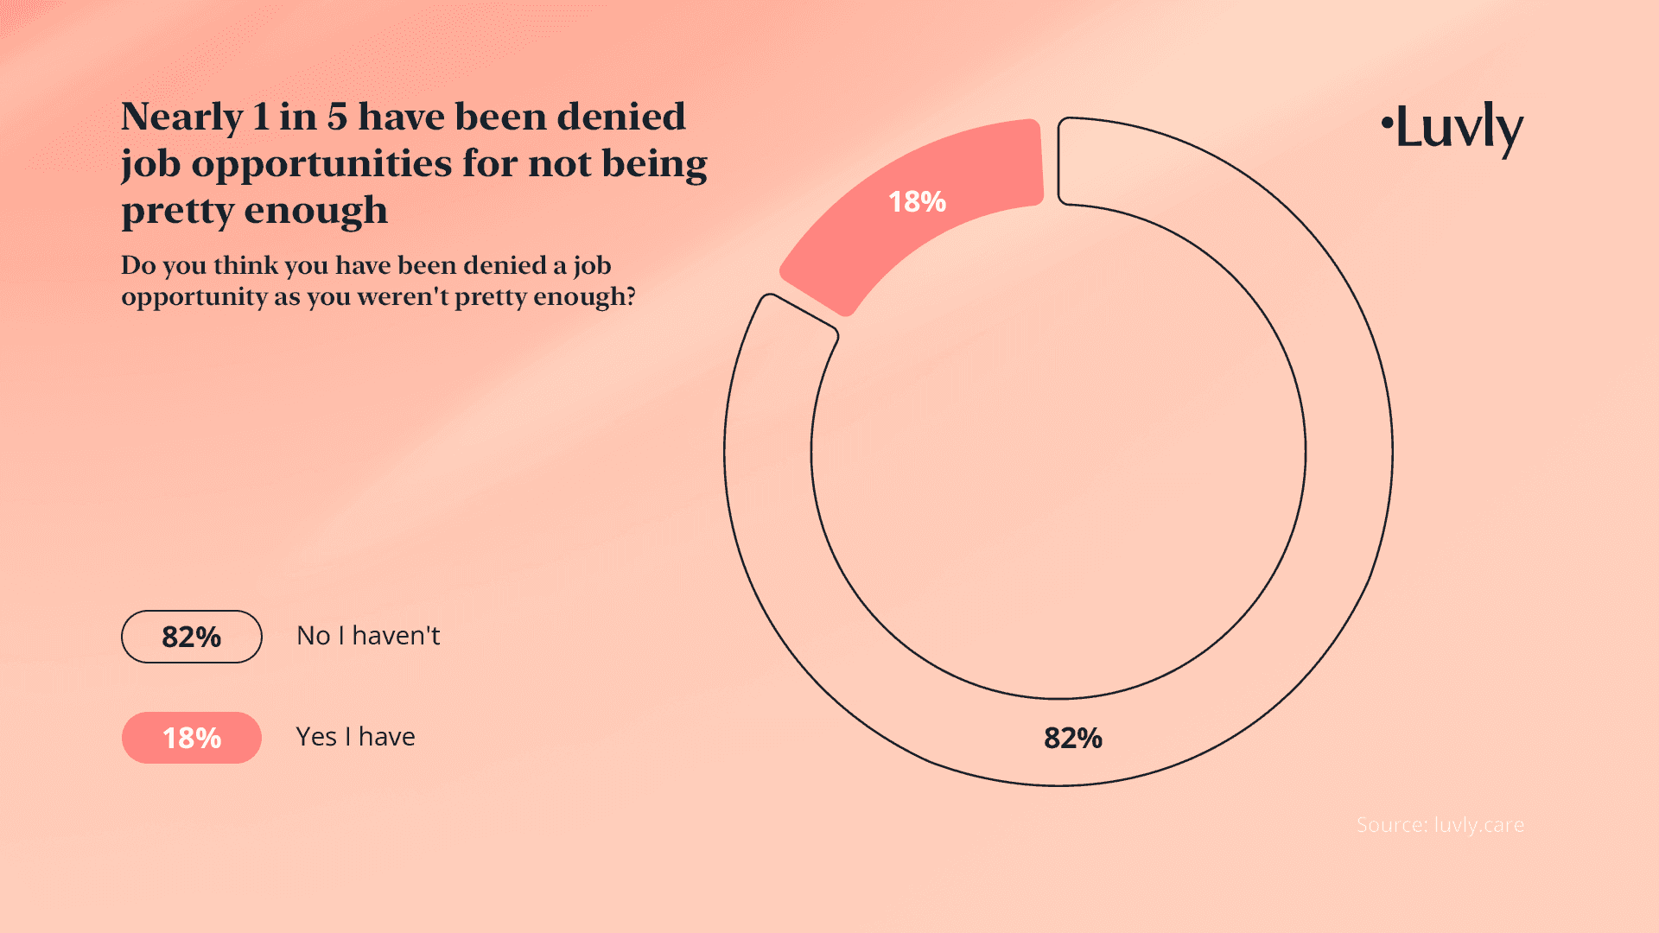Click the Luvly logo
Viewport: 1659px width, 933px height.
click(1453, 128)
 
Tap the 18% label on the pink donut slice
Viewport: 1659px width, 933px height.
click(917, 202)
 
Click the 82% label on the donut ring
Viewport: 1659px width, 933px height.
click(1072, 738)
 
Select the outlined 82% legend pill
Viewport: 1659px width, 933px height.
click(191, 637)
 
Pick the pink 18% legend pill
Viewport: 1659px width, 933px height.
click(191, 738)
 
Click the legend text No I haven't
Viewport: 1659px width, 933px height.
click(368, 636)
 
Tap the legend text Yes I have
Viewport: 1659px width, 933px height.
click(355, 737)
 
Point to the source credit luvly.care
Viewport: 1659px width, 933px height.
click(1440, 825)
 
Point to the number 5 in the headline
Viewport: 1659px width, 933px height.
click(337, 117)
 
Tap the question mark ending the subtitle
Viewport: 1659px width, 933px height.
click(631, 296)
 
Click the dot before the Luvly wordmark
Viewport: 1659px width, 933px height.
click(1387, 122)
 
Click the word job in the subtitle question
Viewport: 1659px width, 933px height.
click(592, 266)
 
